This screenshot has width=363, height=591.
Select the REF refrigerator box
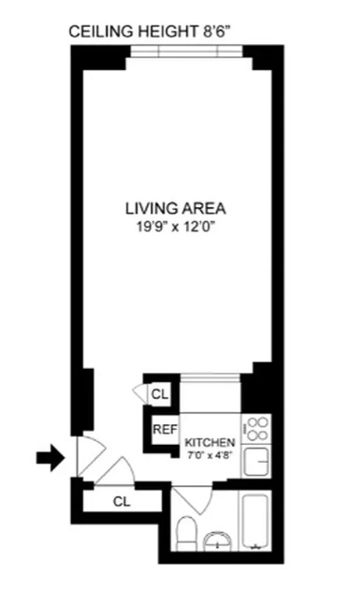(165, 429)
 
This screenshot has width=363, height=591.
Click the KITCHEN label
(209, 441)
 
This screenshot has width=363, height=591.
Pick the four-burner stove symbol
(256, 428)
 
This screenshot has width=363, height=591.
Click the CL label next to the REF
(160, 394)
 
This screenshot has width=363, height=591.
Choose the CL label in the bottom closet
(121, 501)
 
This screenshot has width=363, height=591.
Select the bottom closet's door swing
(114, 472)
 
